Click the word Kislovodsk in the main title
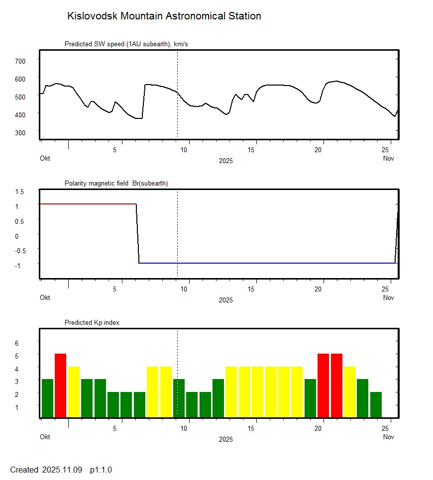pyautogui.click(x=92, y=16)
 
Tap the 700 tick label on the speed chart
pyautogui.click(x=19, y=61)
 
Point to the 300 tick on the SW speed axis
pyautogui.click(x=19, y=132)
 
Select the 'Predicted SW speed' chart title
pyautogui.click(x=126, y=44)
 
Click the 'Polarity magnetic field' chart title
pyautogui.click(x=116, y=183)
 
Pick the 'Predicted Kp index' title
pyautogui.click(x=92, y=322)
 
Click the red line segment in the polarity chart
pyautogui.click(x=87, y=204)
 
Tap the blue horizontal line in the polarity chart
pyautogui.click(x=264, y=263)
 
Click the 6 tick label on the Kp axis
pyautogui.click(x=16, y=343)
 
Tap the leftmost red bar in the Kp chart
pyautogui.click(x=60, y=385)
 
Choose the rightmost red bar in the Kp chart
pyautogui.click(x=336, y=385)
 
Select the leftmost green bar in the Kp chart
pyautogui.click(x=47, y=398)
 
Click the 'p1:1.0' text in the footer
pyautogui.click(x=101, y=470)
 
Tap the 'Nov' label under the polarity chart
pyautogui.click(x=389, y=297)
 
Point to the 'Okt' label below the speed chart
pyautogui.click(x=45, y=158)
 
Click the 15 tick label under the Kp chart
pyautogui.click(x=254, y=428)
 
